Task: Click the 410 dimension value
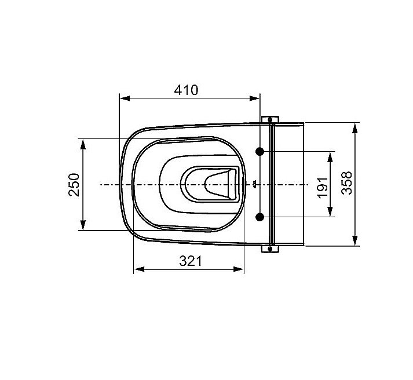[186, 90]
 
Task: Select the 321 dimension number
[191, 261]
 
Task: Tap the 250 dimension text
[74, 185]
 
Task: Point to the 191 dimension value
[323, 188]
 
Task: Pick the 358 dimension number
[346, 183]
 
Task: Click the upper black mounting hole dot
[260, 151]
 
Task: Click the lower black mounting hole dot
[260, 217]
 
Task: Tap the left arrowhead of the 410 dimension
[125, 98]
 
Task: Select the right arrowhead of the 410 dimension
[254, 98]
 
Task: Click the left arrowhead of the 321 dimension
[140, 269]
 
